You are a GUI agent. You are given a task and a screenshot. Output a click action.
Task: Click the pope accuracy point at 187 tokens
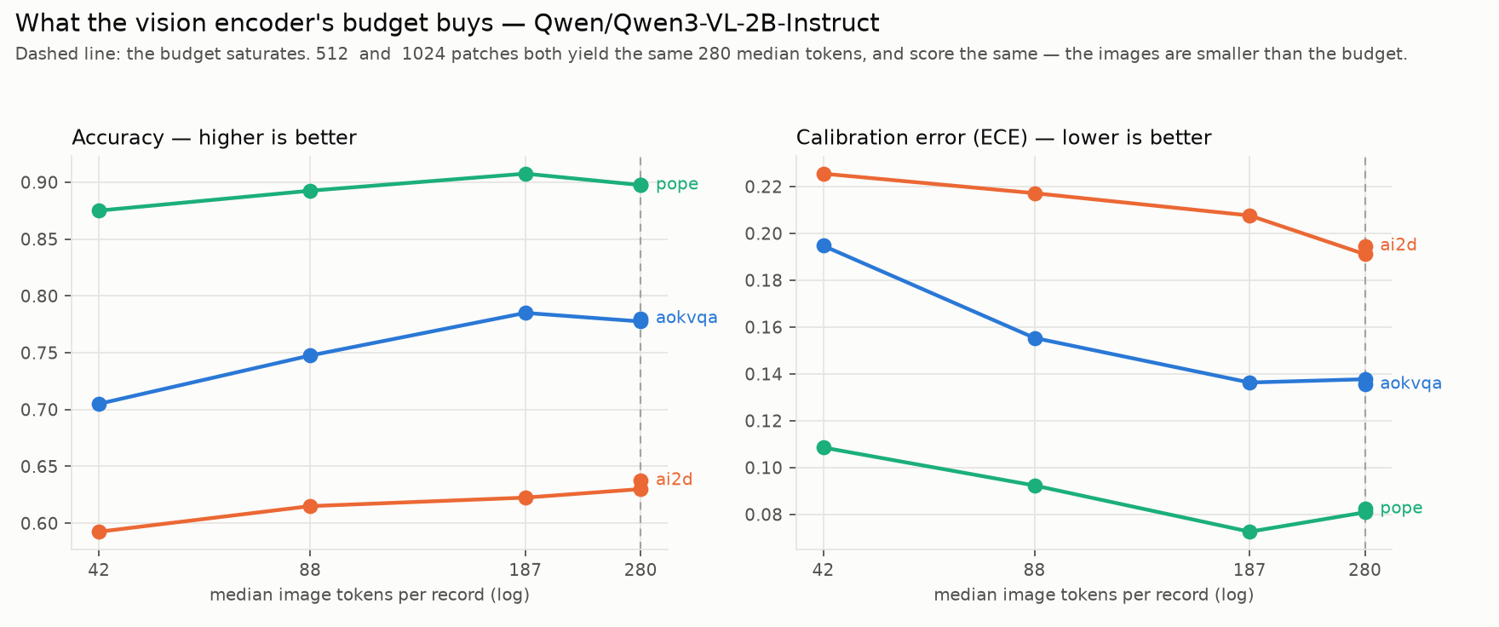[526, 174]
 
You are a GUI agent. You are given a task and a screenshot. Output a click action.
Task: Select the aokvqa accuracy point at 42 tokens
[99, 404]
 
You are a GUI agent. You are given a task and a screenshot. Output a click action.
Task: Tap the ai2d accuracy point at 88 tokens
[310, 506]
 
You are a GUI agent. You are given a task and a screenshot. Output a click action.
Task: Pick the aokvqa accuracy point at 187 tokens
[526, 313]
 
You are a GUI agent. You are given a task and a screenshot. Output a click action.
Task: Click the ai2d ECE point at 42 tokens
[824, 174]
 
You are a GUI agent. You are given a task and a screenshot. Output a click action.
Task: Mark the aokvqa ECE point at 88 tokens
[1035, 338]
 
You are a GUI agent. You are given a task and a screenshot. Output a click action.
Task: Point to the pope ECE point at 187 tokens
[1249, 532]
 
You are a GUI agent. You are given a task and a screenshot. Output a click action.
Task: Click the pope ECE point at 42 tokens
[824, 447]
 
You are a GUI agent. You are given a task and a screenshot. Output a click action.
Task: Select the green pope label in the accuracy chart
[677, 185]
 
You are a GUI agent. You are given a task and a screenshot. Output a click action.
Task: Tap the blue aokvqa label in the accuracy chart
[686, 318]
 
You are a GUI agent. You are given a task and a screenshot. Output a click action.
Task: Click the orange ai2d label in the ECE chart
[1398, 245]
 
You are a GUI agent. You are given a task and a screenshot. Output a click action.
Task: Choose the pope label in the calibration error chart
[1401, 509]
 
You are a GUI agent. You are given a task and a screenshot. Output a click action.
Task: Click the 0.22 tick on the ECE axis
[764, 187]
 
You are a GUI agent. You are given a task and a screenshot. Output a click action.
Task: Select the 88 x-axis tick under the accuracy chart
[310, 571]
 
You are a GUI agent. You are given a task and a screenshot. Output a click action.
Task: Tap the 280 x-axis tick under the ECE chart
[1365, 571]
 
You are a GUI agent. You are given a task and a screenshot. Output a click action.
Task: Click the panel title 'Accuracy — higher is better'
[214, 138]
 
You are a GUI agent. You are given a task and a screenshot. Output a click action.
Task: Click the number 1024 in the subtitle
[422, 55]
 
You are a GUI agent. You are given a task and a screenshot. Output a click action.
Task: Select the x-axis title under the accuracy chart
[370, 595]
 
